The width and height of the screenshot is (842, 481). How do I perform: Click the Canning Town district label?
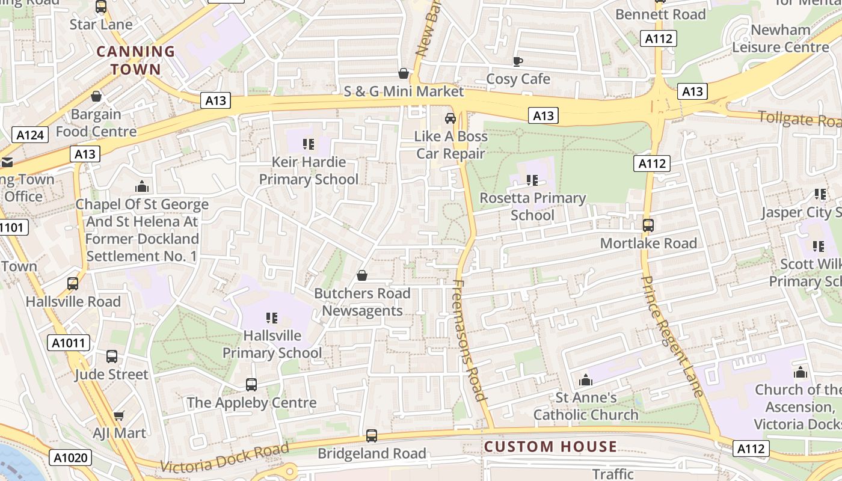point(136,60)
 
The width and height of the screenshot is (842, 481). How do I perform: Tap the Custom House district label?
point(550,447)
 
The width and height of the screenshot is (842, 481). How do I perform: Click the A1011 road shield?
point(69,343)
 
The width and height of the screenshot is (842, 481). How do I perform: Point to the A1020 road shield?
point(70,458)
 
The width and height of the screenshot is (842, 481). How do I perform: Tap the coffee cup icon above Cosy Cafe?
point(517,61)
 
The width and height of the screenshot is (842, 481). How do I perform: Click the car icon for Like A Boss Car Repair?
point(450,118)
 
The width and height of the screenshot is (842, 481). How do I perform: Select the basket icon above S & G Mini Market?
point(404,73)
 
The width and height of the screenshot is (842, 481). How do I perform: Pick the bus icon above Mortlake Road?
point(648,225)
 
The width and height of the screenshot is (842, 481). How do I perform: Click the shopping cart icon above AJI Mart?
point(119,415)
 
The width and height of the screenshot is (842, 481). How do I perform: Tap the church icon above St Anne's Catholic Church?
point(585,380)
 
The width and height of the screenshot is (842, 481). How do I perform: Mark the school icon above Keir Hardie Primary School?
point(309,144)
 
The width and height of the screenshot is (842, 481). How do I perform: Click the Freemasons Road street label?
point(469,340)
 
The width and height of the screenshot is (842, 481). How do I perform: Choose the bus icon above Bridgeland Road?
point(372,436)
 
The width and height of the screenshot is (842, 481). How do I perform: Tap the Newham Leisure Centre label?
point(781,38)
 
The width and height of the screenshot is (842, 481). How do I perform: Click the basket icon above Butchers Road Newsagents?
point(362,275)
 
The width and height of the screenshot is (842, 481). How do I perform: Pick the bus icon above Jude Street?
point(112,357)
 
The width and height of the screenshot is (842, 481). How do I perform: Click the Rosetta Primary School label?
point(532,206)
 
